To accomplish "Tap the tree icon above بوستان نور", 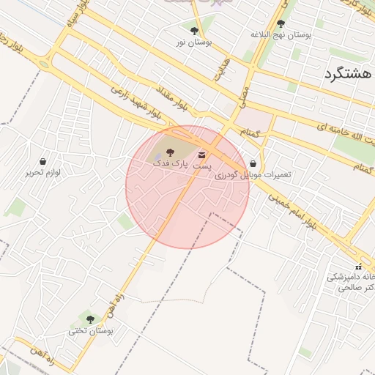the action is (194, 31).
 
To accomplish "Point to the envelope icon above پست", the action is (201, 154).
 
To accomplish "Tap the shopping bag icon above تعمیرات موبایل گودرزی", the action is (253, 163).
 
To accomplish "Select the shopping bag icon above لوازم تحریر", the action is (42, 161).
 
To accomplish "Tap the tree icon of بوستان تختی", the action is (90, 319).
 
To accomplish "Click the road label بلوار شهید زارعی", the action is (135, 99).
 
